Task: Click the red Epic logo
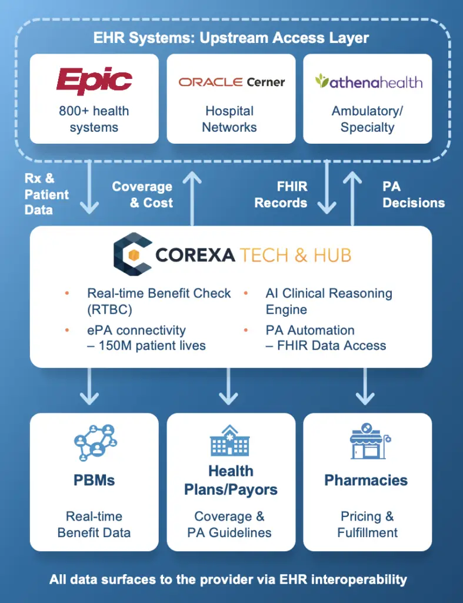pos(94,80)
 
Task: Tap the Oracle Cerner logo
pos(232,82)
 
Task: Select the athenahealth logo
pos(368,81)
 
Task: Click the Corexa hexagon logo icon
pos(132,254)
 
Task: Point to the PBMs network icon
pos(95,443)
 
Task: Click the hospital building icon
pos(230,440)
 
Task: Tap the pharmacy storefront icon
pos(369,441)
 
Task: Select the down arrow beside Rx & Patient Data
pos(89,187)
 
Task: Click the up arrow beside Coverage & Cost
pos(192,198)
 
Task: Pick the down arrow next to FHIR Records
pos(327,187)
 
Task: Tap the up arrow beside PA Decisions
pos(352,198)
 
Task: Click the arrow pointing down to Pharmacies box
pos(365,386)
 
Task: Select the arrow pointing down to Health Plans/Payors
pos(229,386)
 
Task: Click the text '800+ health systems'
pos(94,119)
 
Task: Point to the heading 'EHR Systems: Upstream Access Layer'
pos(231,38)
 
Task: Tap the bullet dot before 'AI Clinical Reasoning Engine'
pos(245,293)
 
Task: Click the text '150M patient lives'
pos(152,345)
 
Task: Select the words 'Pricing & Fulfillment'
pos(367,524)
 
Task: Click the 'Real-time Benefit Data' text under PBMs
pos(94,524)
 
